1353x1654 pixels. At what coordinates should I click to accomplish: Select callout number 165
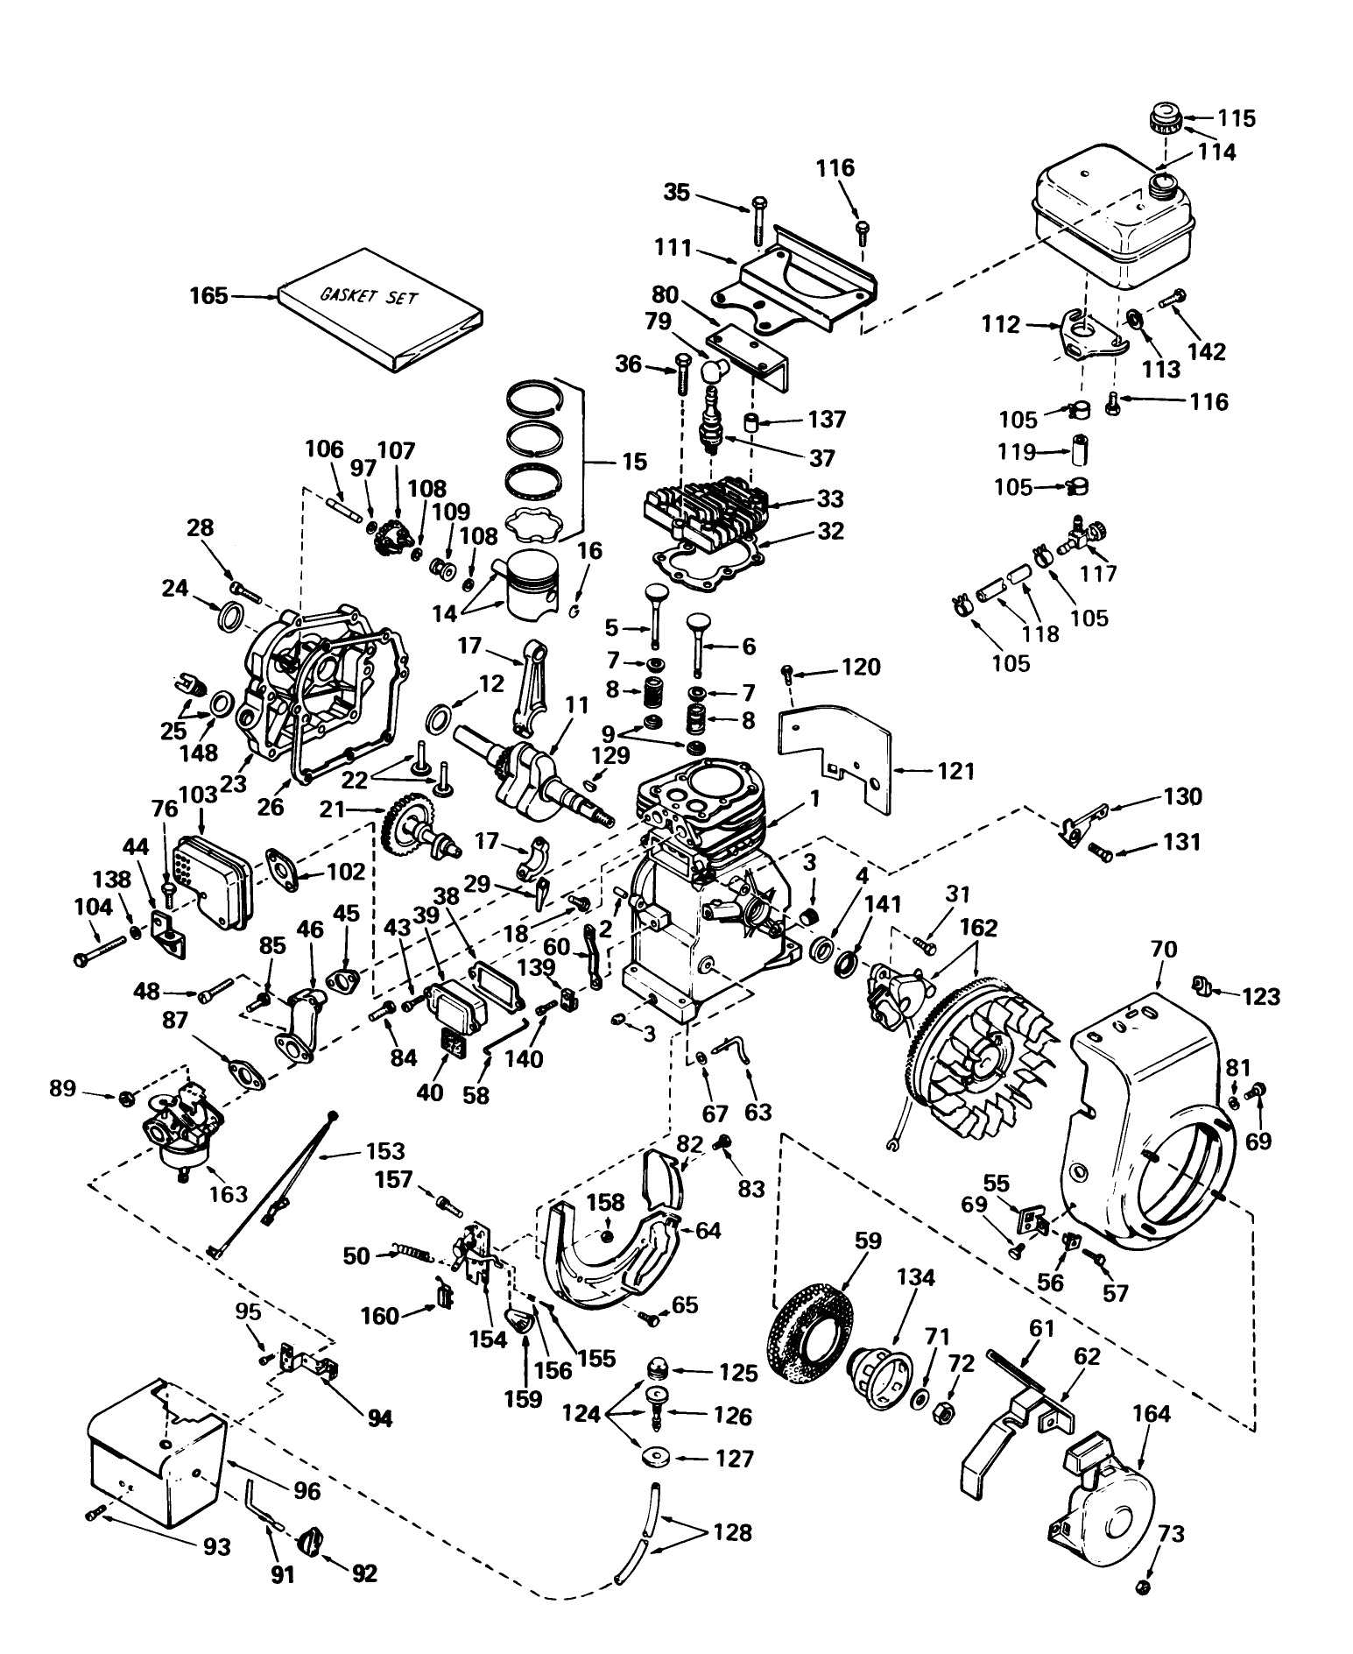pos(209,295)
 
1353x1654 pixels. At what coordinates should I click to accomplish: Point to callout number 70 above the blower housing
pos(1165,949)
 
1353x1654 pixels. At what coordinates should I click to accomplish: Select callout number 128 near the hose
pos(732,1531)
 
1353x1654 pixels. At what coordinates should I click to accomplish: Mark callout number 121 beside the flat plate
pos(956,771)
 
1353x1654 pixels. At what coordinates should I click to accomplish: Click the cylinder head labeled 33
pos(705,506)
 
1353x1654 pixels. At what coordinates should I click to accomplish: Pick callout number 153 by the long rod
pos(386,1150)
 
